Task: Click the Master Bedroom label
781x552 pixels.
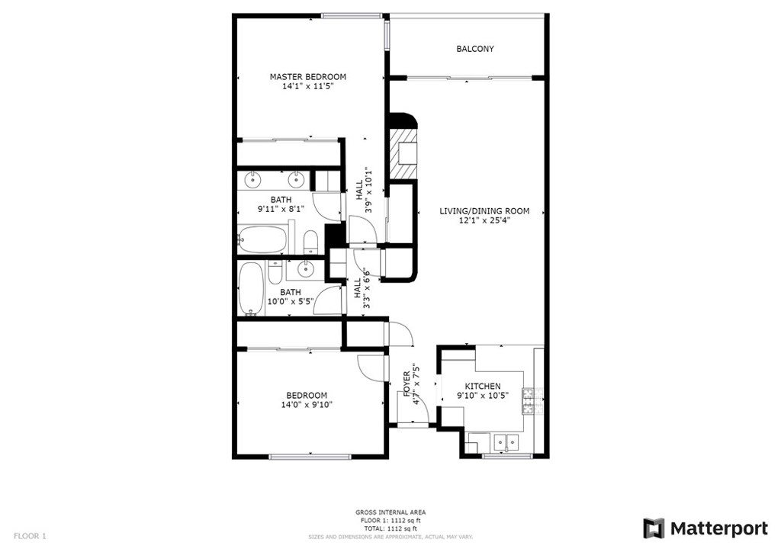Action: tap(308, 77)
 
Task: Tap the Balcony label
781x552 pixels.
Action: tap(475, 49)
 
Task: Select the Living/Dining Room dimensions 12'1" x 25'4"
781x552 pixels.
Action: tap(484, 220)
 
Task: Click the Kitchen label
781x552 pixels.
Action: tap(483, 387)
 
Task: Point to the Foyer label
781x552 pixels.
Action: tap(407, 384)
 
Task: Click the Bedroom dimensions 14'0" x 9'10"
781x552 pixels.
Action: tap(307, 405)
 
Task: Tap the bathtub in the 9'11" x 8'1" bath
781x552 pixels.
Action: tap(262, 239)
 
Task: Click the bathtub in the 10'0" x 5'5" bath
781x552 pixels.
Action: tap(250, 289)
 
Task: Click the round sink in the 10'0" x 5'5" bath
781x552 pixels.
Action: tap(305, 269)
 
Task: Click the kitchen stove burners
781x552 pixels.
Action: tap(528, 401)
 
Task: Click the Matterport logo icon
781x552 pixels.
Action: tap(654, 528)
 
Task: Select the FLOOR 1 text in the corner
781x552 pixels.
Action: tap(30, 536)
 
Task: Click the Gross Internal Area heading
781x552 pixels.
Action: tap(390, 512)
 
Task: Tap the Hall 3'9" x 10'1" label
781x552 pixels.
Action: tap(364, 190)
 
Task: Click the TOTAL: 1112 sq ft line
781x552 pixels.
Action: tap(390, 528)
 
